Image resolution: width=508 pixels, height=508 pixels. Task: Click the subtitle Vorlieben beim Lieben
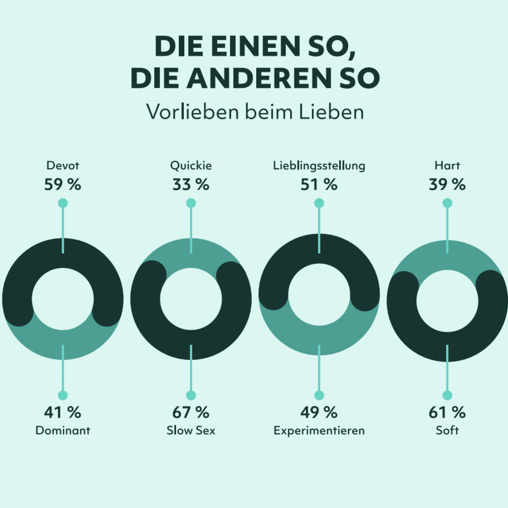tap(255, 112)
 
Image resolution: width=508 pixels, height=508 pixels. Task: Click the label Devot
tap(62, 166)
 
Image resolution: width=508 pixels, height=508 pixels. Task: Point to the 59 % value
tap(62, 185)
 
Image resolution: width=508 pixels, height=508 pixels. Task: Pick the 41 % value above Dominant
tap(62, 412)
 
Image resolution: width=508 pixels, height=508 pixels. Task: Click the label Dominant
tap(62, 430)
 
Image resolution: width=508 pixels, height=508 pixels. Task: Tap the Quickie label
tap(190, 166)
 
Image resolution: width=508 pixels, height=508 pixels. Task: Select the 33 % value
tap(190, 185)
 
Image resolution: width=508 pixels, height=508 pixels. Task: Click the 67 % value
tap(190, 412)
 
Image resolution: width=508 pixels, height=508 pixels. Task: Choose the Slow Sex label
tap(190, 430)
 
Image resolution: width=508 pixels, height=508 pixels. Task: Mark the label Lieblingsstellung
tap(319, 166)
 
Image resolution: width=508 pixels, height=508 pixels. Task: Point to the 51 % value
tap(319, 185)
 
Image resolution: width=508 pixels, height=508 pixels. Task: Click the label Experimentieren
tap(319, 430)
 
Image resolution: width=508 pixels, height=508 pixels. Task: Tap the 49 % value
tap(319, 412)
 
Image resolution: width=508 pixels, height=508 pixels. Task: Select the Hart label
tap(447, 166)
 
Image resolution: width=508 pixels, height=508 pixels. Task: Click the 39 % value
tap(447, 185)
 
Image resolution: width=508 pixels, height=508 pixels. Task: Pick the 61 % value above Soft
tap(447, 412)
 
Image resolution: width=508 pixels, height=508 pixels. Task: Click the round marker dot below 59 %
tap(62, 203)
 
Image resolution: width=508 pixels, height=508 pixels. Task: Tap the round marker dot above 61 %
tap(447, 395)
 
